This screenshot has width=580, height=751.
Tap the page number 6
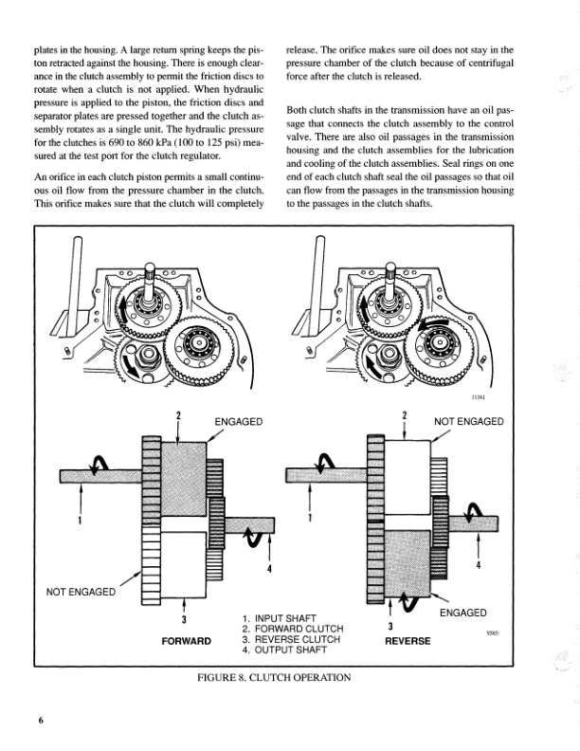(41, 722)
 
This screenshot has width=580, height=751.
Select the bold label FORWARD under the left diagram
(186, 642)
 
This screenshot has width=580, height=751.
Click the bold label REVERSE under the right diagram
(407, 642)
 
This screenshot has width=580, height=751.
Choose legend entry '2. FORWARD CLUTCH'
(293, 629)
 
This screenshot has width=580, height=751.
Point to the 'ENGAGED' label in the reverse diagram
(462, 614)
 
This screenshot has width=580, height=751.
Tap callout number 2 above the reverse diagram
(405, 416)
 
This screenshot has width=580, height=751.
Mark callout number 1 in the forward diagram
(80, 520)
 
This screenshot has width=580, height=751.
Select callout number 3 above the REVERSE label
(390, 626)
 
